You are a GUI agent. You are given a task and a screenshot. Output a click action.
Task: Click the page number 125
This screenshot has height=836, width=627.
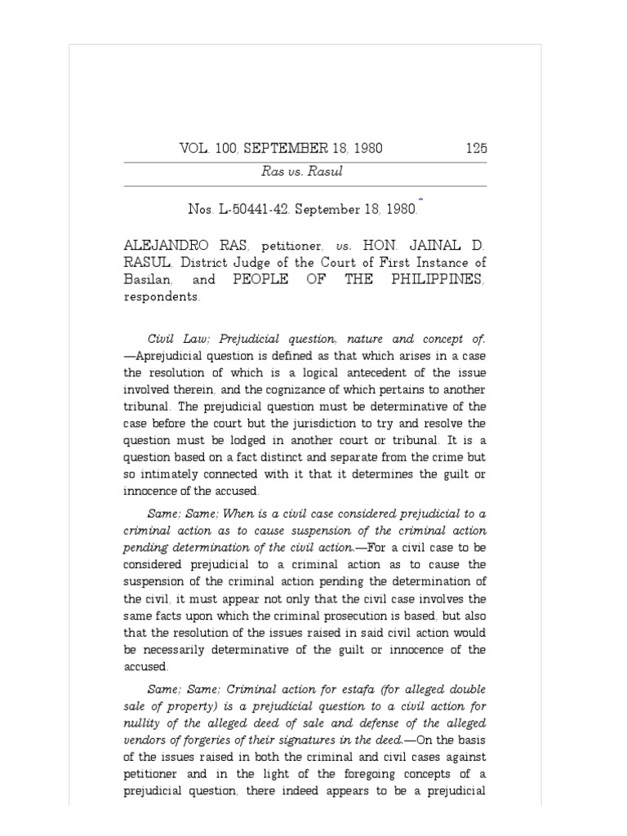(x=475, y=149)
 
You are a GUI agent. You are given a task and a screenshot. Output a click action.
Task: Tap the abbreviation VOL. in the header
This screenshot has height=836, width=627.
(x=194, y=149)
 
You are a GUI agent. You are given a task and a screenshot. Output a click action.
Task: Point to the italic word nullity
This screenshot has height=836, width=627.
(x=142, y=723)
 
